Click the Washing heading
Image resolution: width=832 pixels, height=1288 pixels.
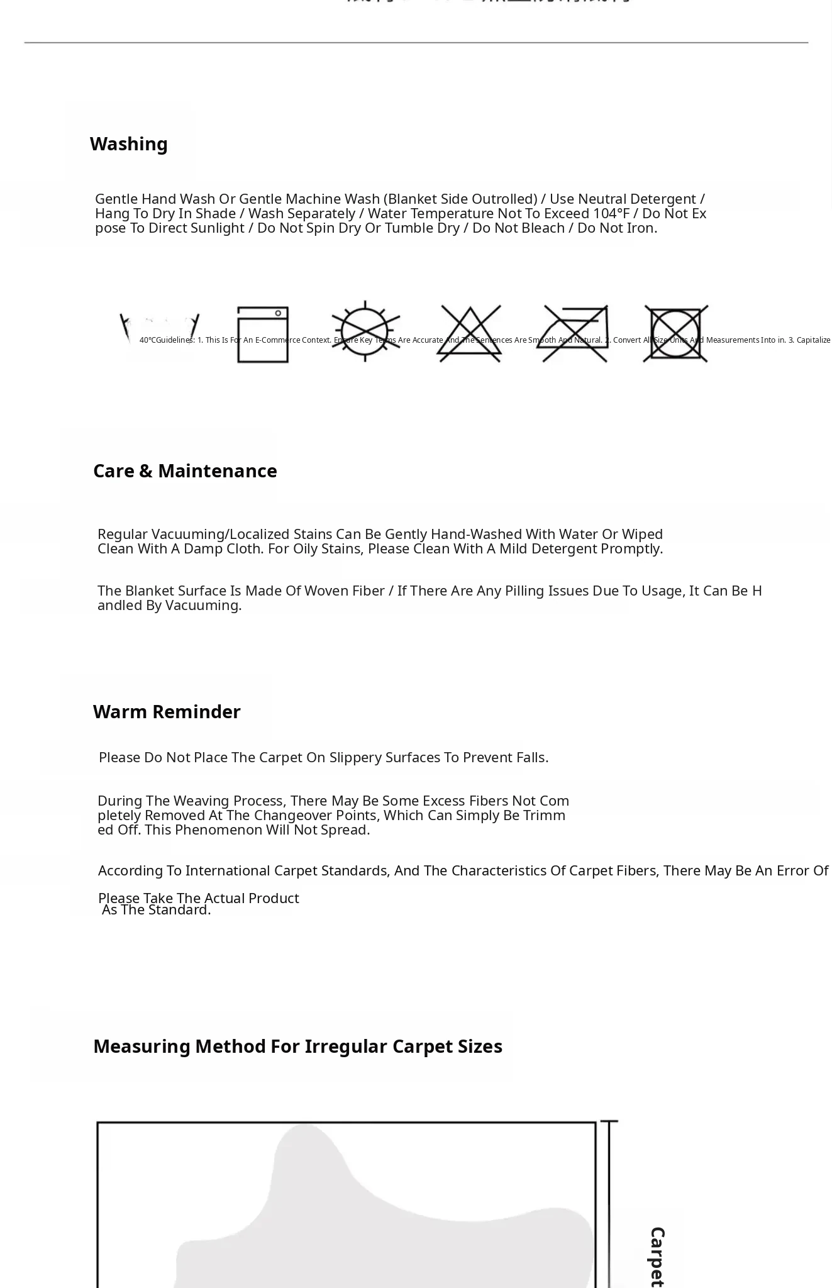coord(128,144)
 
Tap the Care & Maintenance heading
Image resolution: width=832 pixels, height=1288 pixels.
coord(185,471)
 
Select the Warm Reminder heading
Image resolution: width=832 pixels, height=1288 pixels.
coord(167,712)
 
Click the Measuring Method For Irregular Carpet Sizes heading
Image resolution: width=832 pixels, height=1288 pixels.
coord(297,1046)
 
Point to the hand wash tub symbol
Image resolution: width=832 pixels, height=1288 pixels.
coord(160,333)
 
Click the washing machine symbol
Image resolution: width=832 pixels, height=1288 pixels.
coord(263,335)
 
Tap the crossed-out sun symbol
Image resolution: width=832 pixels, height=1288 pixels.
coord(366,331)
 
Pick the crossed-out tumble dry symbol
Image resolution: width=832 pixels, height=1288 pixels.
coord(676,334)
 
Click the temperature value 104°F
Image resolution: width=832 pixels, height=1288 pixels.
coord(611,214)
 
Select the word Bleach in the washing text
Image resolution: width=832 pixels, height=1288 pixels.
coord(543,228)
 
